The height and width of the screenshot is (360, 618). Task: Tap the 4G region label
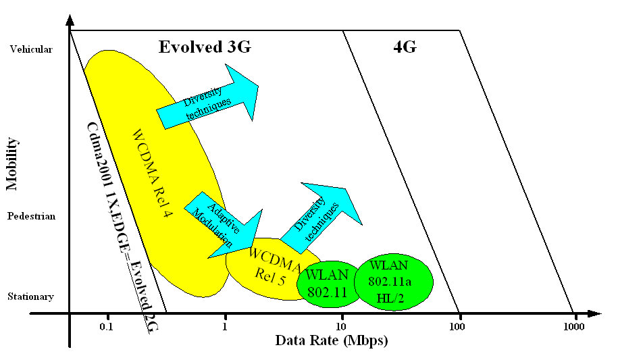click(x=405, y=47)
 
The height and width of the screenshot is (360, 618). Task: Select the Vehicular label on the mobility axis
click(x=32, y=49)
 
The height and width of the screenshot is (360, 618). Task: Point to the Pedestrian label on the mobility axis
click(x=32, y=217)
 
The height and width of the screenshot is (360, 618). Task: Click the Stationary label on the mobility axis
click(x=31, y=297)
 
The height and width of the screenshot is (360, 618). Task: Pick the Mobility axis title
click(x=12, y=165)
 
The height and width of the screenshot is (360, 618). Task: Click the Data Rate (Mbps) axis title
click(x=331, y=340)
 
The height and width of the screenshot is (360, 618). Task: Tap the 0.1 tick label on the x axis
click(x=107, y=327)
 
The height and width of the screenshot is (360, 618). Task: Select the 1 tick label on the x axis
click(x=225, y=327)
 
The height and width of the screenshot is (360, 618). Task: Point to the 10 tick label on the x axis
click(x=342, y=327)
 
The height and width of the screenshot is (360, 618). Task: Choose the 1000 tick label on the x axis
click(x=574, y=327)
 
